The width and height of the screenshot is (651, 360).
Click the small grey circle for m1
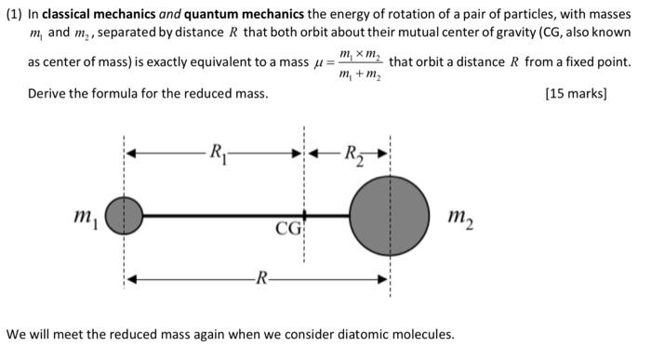point(124,216)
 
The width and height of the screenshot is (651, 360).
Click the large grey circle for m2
point(390,216)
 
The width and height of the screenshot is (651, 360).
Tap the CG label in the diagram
point(286,228)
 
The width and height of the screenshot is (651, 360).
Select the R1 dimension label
point(217,152)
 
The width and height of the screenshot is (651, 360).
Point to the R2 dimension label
point(353,153)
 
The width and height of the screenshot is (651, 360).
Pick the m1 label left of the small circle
point(85,218)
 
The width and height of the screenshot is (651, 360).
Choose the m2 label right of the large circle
point(459,218)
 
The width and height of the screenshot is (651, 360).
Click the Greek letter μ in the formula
point(319,64)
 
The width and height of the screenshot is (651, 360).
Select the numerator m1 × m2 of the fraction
point(360,54)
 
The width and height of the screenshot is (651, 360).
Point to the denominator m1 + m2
point(359,74)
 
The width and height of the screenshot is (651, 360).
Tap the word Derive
point(47,94)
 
